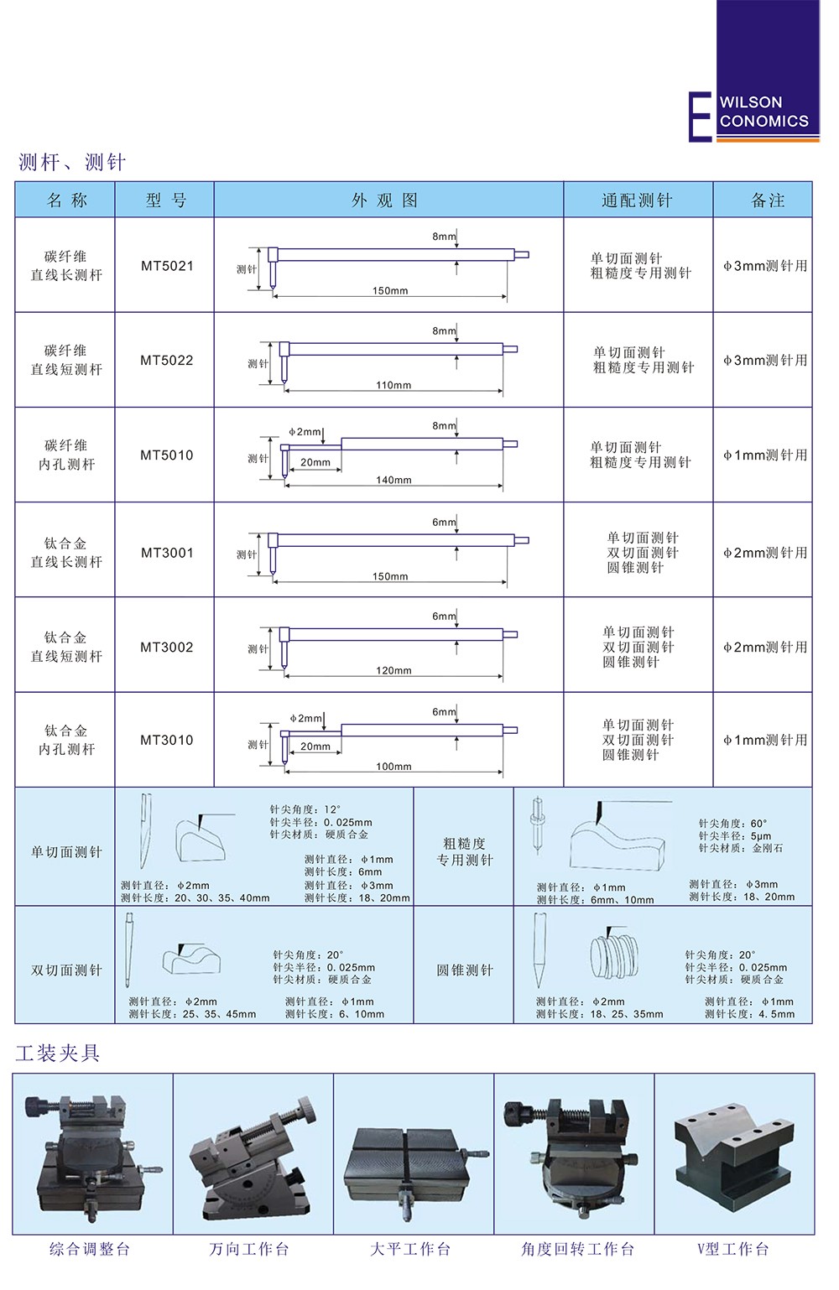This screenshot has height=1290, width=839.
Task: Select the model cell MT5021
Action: [167, 266]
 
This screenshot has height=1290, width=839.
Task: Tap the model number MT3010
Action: [166, 740]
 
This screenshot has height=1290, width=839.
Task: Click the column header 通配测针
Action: [638, 200]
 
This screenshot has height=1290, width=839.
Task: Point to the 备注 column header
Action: [768, 200]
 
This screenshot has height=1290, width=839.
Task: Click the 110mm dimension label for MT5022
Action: [393, 385]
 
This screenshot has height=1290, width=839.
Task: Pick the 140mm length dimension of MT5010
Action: [393, 480]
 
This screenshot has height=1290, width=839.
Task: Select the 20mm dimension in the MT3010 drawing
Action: [315, 746]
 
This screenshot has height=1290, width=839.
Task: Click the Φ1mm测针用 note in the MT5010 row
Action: [765, 455]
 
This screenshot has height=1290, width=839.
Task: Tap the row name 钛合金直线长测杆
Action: [66, 552]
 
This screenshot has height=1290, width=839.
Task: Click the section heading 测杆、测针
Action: [72, 163]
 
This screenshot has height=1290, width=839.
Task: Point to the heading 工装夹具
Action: [58, 1053]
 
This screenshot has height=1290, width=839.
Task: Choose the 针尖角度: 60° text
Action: [733, 824]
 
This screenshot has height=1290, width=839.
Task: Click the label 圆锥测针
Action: [465, 970]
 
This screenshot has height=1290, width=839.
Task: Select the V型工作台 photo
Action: [734, 1154]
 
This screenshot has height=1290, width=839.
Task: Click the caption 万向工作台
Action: [249, 1249]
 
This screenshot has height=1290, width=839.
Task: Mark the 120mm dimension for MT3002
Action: [393, 670]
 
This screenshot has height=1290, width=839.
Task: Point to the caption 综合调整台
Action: [90, 1249]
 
